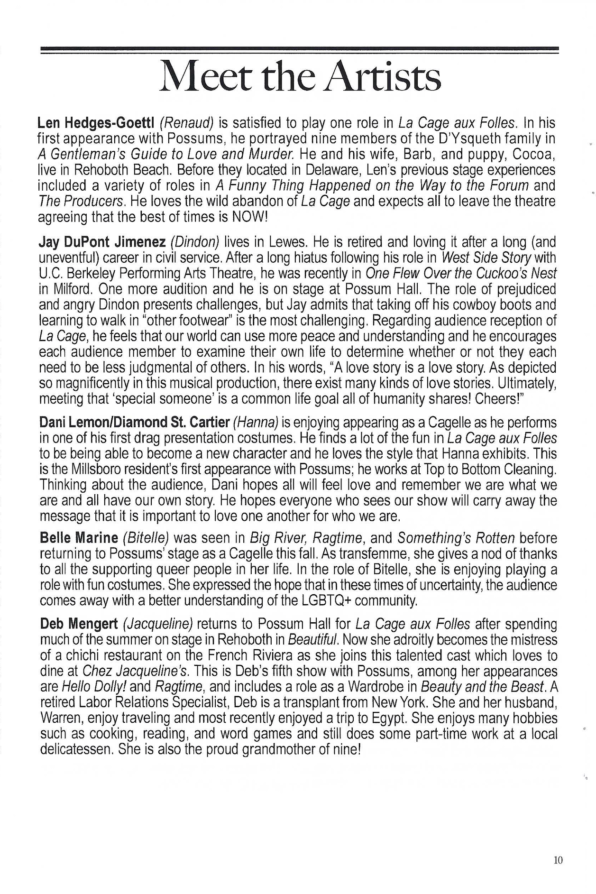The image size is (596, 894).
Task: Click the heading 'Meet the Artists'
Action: point(301,77)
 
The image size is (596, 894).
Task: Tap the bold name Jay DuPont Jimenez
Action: point(102,242)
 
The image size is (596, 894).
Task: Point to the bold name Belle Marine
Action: point(79,538)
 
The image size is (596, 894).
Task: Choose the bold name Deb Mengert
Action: point(79,624)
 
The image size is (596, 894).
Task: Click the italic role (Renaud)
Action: point(187,123)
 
